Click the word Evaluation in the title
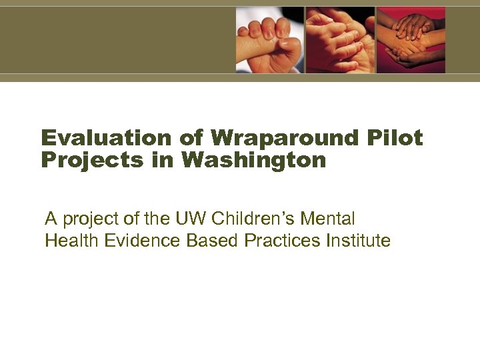(107, 138)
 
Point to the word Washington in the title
(254, 161)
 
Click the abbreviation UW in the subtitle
(185, 218)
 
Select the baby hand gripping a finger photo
(269, 39)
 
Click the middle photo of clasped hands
(340, 39)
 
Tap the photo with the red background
(411, 39)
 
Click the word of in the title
(191, 138)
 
